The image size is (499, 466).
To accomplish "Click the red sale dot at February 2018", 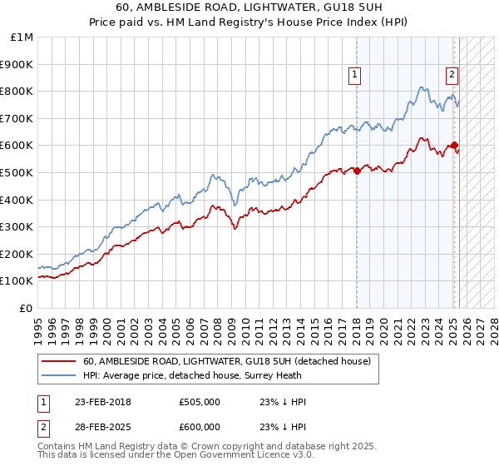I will click(357, 171).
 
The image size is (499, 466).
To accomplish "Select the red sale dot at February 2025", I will click(454, 145).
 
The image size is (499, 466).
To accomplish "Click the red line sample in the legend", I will click(59, 361).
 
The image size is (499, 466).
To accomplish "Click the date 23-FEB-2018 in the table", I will click(102, 402).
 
